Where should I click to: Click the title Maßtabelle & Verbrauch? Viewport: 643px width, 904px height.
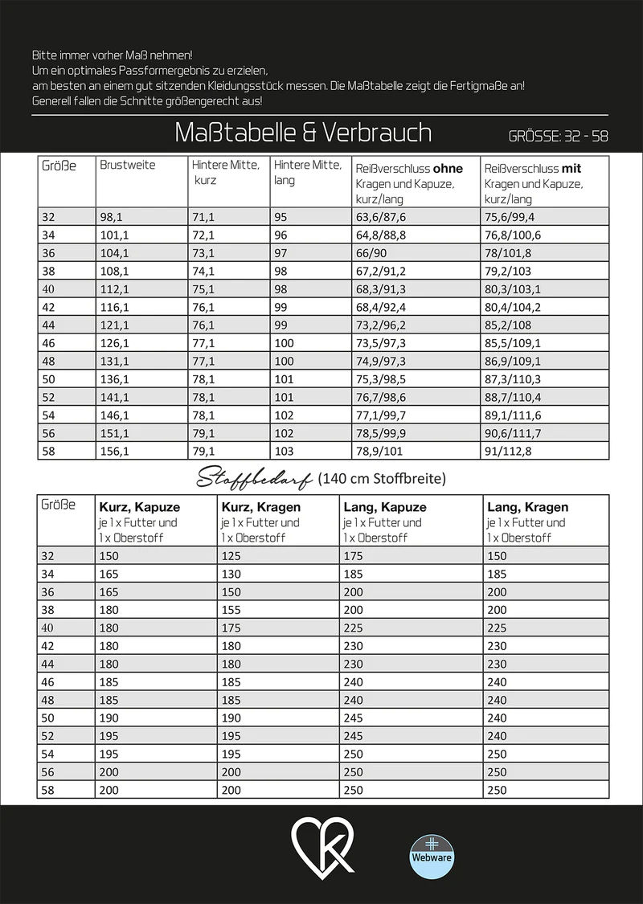tap(303, 133)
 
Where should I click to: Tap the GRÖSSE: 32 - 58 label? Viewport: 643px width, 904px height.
tap(558, 136)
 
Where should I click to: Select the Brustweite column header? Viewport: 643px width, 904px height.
tap(128, 165)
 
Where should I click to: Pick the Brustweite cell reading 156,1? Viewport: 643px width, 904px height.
tap(114, 452)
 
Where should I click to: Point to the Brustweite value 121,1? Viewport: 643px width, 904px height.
tap(114, 325)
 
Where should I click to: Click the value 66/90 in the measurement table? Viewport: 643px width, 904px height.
tap(371, 253)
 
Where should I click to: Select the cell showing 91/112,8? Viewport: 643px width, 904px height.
tap(507, 452)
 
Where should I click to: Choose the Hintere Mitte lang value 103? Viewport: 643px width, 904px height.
tap(284, 452)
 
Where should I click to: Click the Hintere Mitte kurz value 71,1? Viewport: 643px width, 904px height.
tap(203, 217)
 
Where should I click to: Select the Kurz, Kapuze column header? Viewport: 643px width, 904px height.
tap(139, 507)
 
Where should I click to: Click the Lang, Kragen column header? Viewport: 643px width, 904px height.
tap(527, 507)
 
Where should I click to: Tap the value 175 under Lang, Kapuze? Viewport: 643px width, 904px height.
tap(354, 556)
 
